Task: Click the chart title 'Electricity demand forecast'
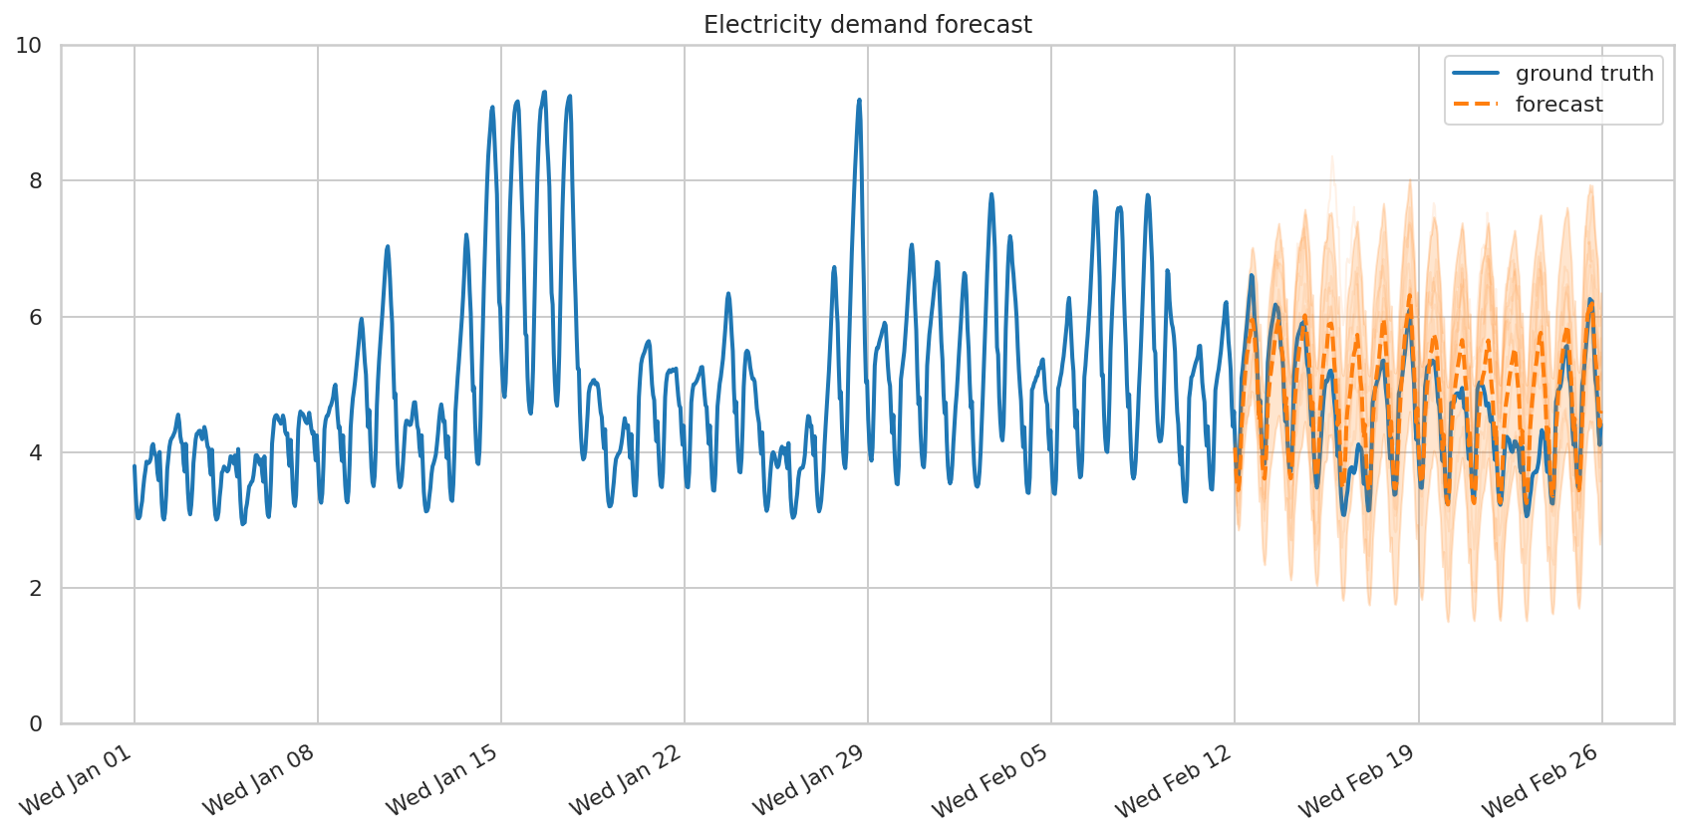point(867,25)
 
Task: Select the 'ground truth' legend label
point(1584,74)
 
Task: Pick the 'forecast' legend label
point(1558,105)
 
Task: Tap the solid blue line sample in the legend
point(1476,74)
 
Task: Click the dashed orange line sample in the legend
point(1476,105)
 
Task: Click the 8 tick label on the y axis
point(36,181)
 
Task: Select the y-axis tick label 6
point(36,317)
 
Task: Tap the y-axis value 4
point(36,452)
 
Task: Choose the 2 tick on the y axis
point(36,588)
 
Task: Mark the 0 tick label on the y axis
point(36,723)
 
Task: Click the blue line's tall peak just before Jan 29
point(859,101)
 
